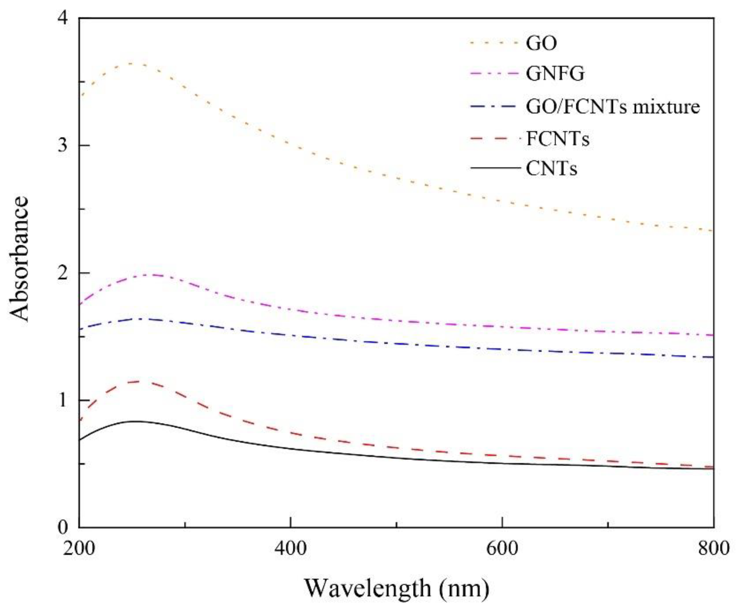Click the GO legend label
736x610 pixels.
541,44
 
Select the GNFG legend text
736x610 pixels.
555,74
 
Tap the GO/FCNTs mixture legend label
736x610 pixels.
613,107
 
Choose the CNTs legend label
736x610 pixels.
551,169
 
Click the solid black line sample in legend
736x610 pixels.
495,169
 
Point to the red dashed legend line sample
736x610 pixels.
495,139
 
